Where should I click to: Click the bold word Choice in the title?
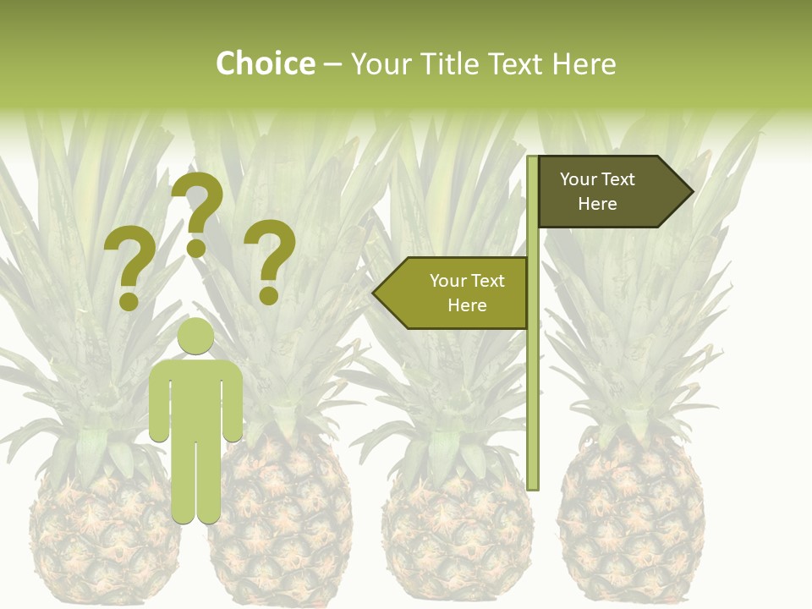coord(265,63)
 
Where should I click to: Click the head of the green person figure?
coord(195,337)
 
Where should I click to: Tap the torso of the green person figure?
coord(195,398)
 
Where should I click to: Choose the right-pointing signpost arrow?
coord(613,192)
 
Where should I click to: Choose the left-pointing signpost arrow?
coord(453,293)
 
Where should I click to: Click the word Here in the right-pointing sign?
coord(597,204)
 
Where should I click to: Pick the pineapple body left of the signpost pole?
coord(457,524)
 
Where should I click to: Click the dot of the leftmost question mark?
coord(129,300)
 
